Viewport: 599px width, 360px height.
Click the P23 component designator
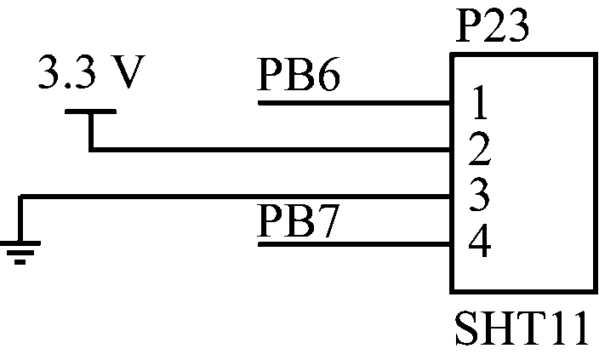tap(493, 26)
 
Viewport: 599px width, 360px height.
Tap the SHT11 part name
tap(522, 328)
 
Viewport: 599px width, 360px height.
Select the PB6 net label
tap(299, 75)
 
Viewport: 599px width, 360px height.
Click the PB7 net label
tap(298, 220)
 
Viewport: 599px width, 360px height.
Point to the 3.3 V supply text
tap(92, 72)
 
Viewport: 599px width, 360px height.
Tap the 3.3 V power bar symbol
tap(90, 111)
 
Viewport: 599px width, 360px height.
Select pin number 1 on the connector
tap(480, 102)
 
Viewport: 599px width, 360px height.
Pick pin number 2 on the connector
tap(479, 149)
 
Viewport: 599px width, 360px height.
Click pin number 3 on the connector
tap(479, 195)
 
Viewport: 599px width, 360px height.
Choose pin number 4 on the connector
tap(479, 242)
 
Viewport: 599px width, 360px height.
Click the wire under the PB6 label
tap(354, 103)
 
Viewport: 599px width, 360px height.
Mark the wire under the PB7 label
tap(354, 244)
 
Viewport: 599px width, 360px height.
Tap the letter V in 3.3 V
tap(128, 72)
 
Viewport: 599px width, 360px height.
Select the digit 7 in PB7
tap(328, 221)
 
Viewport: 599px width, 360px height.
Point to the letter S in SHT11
tap(466, 328)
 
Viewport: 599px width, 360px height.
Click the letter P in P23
tap(468, 26)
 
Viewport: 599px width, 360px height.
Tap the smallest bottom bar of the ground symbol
tap(20, 262)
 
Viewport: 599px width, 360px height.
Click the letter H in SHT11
tap(496, 328)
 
